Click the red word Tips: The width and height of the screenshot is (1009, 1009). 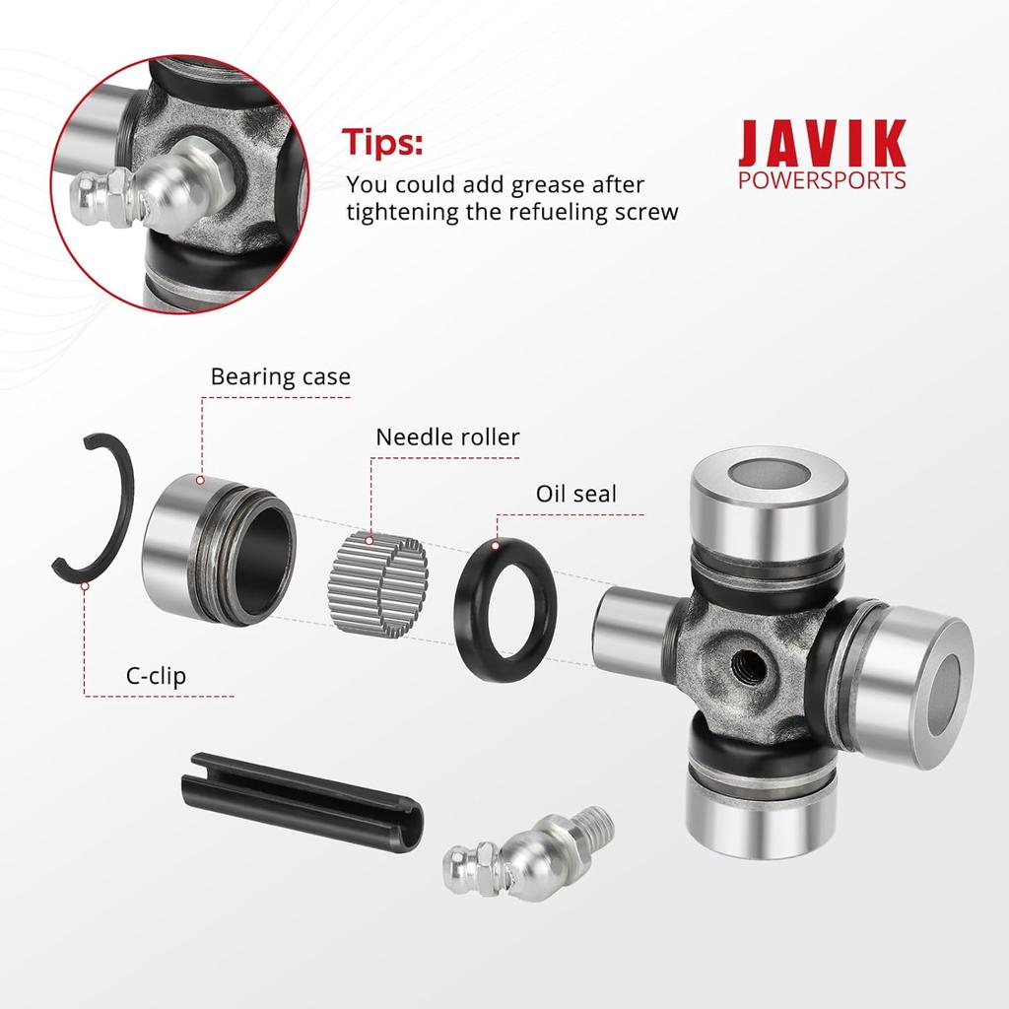(382, 142)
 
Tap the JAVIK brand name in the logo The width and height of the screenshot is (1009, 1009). (822, 143)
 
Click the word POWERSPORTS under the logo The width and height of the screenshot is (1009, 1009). (822, 180)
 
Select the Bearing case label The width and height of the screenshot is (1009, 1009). (281, 376)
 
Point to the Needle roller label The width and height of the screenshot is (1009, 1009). (447, 437)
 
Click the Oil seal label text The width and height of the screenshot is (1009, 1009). (575, 494)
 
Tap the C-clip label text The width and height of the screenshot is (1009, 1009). (156, 676)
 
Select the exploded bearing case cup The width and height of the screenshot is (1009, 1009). (219, 550)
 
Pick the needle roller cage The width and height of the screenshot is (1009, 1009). (377, 584)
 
